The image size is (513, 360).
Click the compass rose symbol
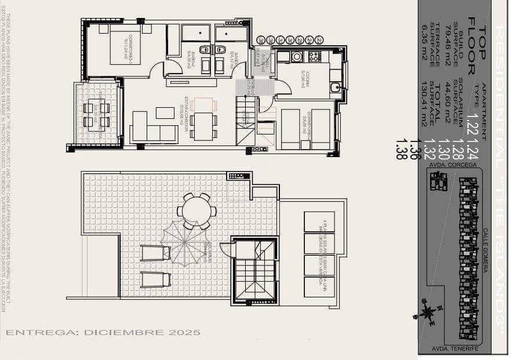coord(428,312)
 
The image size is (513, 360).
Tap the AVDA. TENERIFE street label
coord(455,349)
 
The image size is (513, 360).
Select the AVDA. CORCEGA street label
coord(455,165)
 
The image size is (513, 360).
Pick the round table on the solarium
coord(197,210)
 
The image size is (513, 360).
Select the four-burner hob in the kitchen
coord(314,56)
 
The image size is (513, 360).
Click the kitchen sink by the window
coord(335,88)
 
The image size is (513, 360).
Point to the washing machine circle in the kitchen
coord(297,56)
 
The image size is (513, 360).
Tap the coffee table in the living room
coord(165,112)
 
